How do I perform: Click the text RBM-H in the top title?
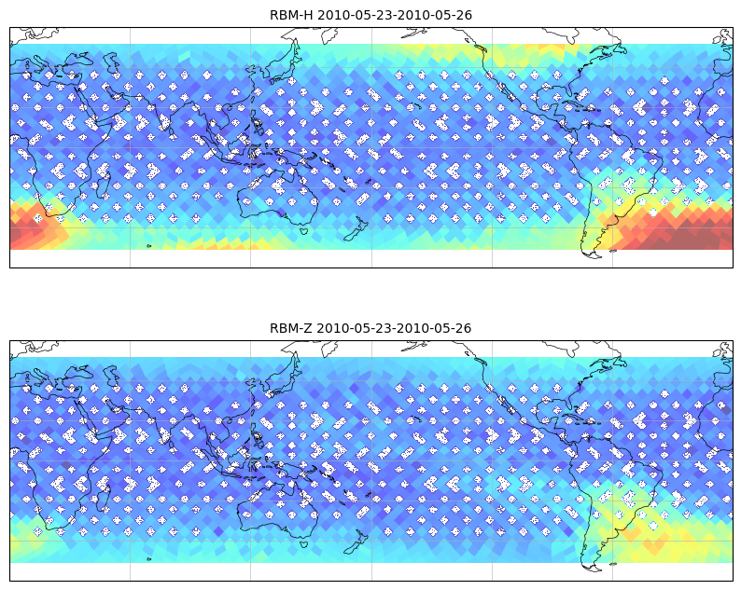click(x=291, y=15)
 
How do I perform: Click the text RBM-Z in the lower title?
click(x=291, y=328)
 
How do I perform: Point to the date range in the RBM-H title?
click(x=394, y=15)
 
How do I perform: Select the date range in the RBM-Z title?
click(x=394, y=328)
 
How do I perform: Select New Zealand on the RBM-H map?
click(x=357, y=229)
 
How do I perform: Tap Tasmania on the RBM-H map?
click(x=304, y=231)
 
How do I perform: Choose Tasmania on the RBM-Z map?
click(x=304, y=543)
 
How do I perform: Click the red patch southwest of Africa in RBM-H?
click(x=31, y=226)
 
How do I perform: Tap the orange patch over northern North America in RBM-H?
click(x=548, y=48)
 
